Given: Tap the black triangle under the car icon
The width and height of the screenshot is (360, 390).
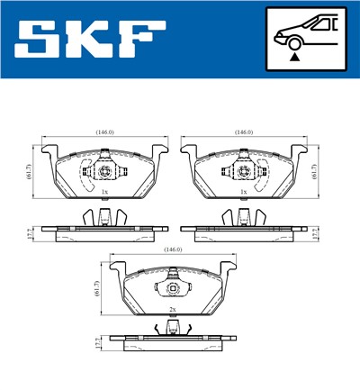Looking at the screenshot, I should [294, 56].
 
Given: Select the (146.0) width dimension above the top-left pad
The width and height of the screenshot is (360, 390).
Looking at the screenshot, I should [104, 132].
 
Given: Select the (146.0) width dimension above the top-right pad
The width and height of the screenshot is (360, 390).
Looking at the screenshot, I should [243, 132].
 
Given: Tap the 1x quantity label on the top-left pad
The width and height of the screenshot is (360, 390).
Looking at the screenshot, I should [104, 193].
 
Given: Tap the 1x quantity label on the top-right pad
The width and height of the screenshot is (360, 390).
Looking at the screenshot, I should [243, 193].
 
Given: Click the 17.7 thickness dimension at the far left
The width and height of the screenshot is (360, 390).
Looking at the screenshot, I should [29, 232].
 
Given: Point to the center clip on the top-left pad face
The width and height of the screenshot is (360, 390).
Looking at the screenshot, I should [104, 171].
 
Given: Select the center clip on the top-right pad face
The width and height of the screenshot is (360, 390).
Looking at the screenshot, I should [243, 171].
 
